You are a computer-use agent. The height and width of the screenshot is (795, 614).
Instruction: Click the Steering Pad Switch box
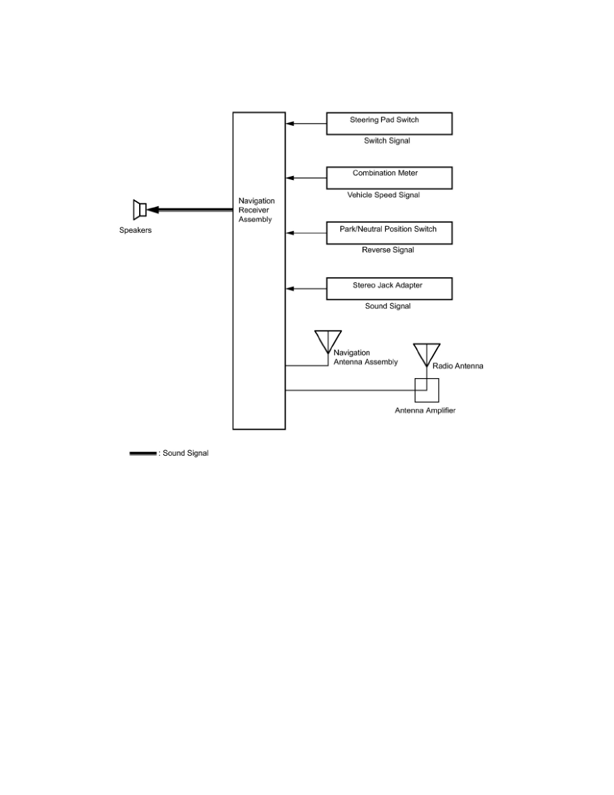pyautogui.click(x=389, y=124)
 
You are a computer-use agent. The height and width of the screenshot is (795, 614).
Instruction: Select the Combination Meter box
pyautogui.click(x=389, y=177)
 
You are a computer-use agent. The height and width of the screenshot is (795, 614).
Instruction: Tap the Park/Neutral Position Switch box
pyautogui.click(x=389, y=233)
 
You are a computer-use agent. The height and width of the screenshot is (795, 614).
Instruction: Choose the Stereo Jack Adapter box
pyautogui.click(x=389, y=288)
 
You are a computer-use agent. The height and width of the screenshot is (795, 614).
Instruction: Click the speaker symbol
pyautogui.click(x=140, y=209)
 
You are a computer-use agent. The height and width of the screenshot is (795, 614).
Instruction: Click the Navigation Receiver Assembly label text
pyautogui.click(x=256, y=210)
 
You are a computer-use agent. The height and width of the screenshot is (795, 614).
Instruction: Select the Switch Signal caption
pyautogui.click(x=387, y=141)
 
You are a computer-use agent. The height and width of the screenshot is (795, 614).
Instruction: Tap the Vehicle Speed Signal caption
pyautogui.click(x=383, y=195)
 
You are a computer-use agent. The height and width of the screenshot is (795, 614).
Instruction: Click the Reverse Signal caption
pyautogui.click(x=389, y=250)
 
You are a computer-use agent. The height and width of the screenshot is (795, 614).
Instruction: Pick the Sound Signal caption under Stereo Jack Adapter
pyautogui.click(x=387, y=306)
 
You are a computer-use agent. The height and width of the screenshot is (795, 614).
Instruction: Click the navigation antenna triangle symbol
pyautogui.click(x=328, y=341)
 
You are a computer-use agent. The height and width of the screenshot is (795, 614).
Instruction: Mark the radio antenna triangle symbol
pyautogui.click(x=427, y=353)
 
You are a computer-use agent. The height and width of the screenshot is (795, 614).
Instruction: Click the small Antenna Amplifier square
pyautogui.click(x=427, y=390)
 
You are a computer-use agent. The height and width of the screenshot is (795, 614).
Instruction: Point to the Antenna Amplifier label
pyautogui.click(x=425, y=410)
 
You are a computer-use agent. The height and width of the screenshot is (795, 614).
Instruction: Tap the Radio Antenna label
pyautogui.click(x=457, y=366)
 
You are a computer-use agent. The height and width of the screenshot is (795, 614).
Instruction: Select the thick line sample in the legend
pyautogui.click(x=142, y=454)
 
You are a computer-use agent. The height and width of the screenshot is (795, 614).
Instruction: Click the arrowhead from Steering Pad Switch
pyautogui.click(x=290, y=123)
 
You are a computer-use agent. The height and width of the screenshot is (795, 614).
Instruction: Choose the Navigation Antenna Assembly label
pyautogui.click(x=365, y=357)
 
